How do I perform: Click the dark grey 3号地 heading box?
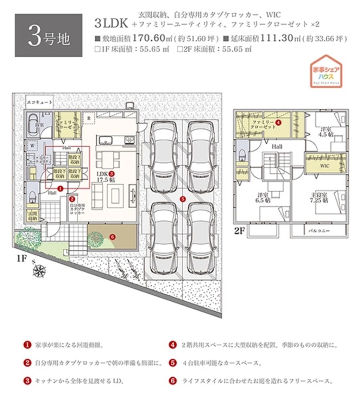coord(49,35)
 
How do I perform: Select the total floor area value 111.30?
coord(281,38)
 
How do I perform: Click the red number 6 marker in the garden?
coord(112,236)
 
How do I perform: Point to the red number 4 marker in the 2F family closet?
coord(278,122)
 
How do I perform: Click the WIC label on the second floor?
coord(324,166)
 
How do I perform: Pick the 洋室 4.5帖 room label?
coord(327,132)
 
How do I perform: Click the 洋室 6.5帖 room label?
coord(264,198)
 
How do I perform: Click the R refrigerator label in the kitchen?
coord(89,118)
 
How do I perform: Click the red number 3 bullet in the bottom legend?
coord(27,380)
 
